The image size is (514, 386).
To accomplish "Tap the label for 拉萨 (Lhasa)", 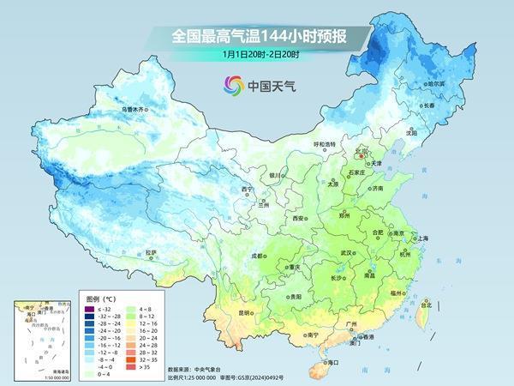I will (152, 251).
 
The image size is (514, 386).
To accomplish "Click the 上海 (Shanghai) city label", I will (421, 238).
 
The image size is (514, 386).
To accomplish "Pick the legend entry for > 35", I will (141, 366).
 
